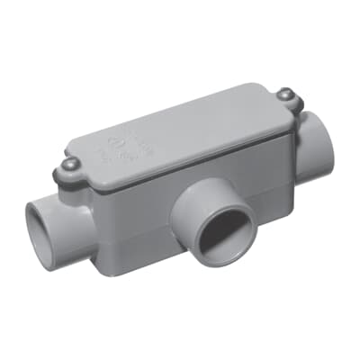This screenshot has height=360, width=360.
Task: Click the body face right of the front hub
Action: (x=270, y=193)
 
